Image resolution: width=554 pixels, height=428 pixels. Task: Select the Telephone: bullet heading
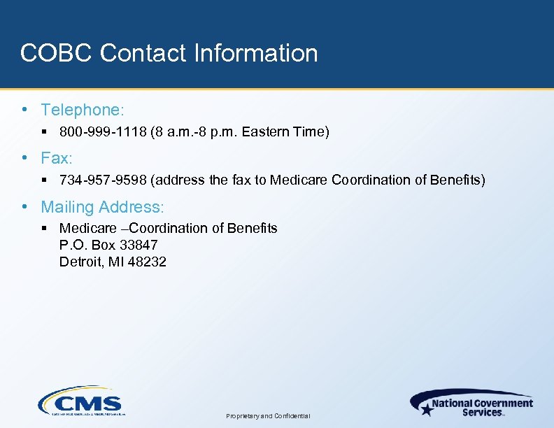click(83, 110)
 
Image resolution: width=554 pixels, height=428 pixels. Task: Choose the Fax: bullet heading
click(57, 158)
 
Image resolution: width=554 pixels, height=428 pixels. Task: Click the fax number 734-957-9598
click(103, 180)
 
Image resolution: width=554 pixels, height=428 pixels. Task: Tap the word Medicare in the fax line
click(299, 180)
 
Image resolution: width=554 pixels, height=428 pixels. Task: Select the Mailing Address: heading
click(102, 207)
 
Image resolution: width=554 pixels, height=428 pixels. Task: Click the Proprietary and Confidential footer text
click(269, 416)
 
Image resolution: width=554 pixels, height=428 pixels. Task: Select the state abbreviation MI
click(115, 262)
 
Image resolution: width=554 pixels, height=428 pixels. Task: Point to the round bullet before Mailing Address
click(25, 207)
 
